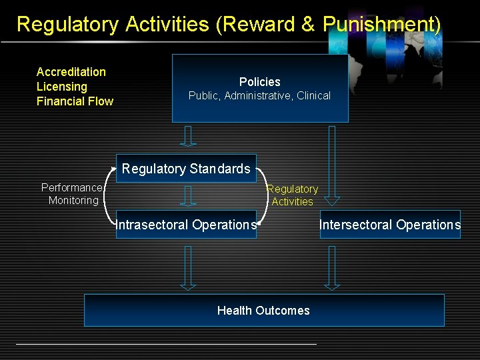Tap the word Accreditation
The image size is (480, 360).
71,72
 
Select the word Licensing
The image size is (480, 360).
61,87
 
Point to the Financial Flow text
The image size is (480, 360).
75,101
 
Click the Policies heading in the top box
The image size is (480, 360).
259,82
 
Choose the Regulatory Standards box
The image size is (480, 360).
186,169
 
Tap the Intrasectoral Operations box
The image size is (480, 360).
186,225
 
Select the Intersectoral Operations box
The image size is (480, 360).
390,225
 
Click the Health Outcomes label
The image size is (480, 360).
263,311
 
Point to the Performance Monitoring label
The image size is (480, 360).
72,194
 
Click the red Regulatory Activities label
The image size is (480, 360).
293,195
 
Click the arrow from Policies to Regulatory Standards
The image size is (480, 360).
188,136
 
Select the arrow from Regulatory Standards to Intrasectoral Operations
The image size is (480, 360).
189,196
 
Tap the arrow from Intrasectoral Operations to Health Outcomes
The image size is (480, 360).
188,267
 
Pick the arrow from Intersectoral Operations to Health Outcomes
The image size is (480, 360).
332,267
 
